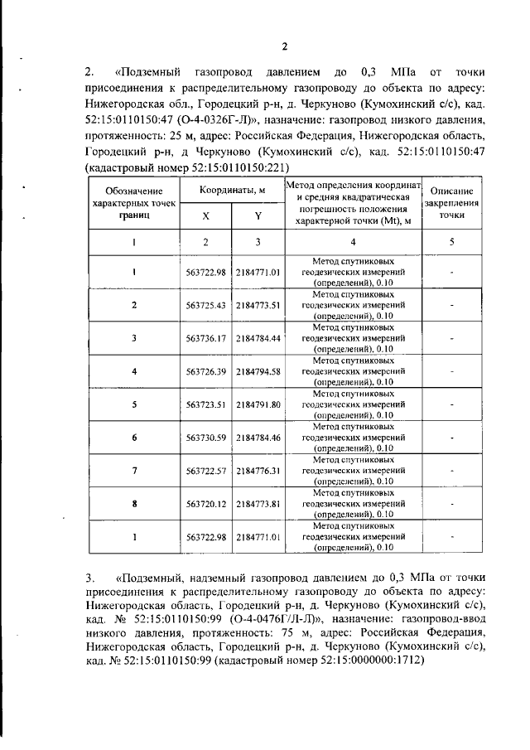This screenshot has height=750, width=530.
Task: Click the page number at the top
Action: [x=282, y=46]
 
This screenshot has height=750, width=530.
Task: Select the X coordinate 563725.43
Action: [x=206, y=305]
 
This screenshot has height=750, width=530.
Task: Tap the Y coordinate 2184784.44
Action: [x=258, y=338]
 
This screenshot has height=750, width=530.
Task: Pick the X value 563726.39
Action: [x=206, y=370]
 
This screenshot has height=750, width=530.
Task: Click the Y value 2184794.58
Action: [x=258, y=370]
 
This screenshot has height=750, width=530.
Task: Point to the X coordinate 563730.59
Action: [x=206, y=437]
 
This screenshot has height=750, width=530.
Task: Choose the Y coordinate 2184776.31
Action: [x=258, y=470]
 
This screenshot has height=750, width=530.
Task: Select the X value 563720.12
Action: [x=206, y=503]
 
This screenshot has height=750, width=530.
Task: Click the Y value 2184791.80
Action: [x=258, y=404]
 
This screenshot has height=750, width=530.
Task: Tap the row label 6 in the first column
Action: [x=134, y=437]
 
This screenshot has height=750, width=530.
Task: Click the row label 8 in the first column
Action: [x=134, y=503]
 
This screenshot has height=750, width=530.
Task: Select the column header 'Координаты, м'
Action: [x=232, y=191]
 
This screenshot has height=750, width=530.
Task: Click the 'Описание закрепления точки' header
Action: [x=451, y=201]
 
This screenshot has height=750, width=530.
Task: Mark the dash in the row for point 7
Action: [x=451, y=470]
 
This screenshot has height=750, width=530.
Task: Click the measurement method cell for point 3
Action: [x=354, y=338]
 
